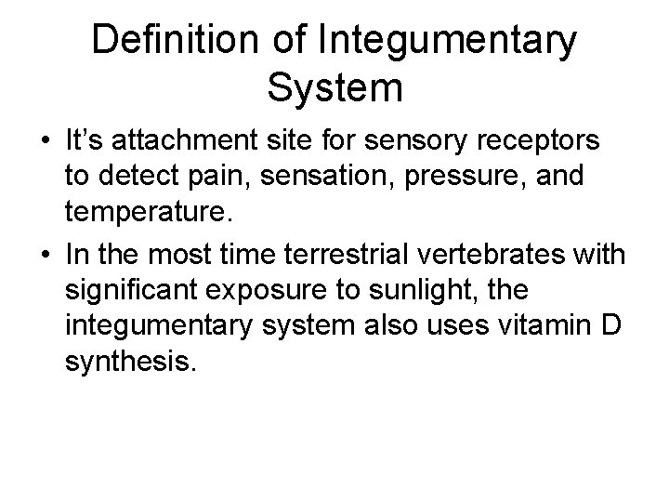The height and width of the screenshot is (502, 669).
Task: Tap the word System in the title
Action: pos(334,88)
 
